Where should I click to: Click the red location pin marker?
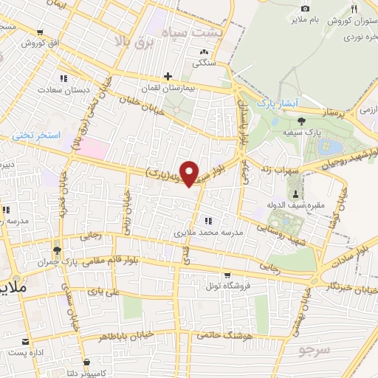pyautogui.click(x=190, y=173)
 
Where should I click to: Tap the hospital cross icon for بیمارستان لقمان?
pyautogui.click(x=168, y=75)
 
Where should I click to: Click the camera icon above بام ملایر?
pyautogui.click(x=305, y=8)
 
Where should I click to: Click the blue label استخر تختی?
pyautogui.click(x=32, y=136)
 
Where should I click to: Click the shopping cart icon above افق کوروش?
pyautogui.click(x=41, y=32)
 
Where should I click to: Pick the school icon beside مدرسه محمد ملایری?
pyautogui.click(x=209, y=221)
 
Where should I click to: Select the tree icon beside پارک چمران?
pyautogui.click(x=55, y=250)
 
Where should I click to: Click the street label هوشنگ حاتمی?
pyautogui.click(x=225, y=336)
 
